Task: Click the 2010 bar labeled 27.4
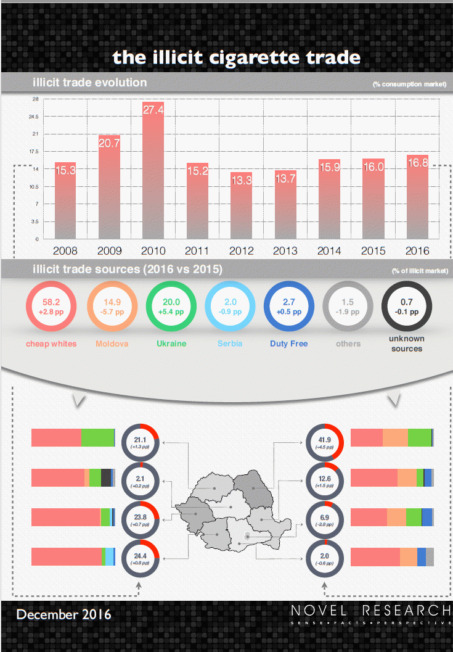click(x=153, y=173)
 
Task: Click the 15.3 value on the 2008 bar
click(x=65, y=170)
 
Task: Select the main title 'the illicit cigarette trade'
click(x=236, y=57)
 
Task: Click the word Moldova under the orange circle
click(x=111, y=344)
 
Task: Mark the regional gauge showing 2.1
click(x=141, y=481)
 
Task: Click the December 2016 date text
click(x=64, y=614)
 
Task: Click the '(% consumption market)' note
click(x=409, y=84)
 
